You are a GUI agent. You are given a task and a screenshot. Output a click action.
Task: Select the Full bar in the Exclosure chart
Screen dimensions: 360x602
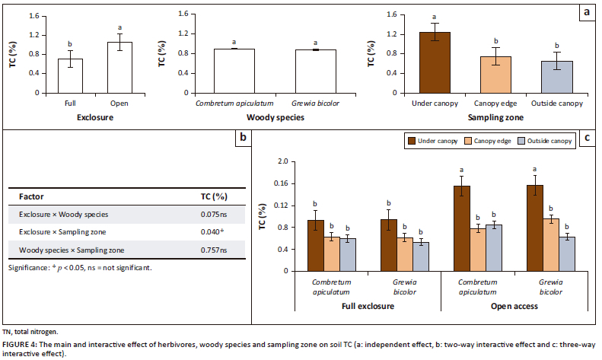click(71, 75)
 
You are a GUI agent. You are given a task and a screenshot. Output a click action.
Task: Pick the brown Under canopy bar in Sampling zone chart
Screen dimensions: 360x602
click(435, 62)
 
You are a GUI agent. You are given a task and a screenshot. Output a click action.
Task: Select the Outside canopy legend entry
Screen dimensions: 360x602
click(548, 141)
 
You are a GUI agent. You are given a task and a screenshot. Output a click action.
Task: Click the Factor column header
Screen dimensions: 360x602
click(30, 196)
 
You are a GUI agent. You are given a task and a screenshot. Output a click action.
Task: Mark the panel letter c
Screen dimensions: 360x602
click(587, 139)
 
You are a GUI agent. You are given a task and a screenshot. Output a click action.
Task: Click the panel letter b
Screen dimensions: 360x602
click(242, 139)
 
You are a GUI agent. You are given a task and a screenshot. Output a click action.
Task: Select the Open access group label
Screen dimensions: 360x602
click(515, 306)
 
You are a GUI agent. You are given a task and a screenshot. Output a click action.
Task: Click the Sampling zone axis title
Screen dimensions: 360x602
click(498, 119)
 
